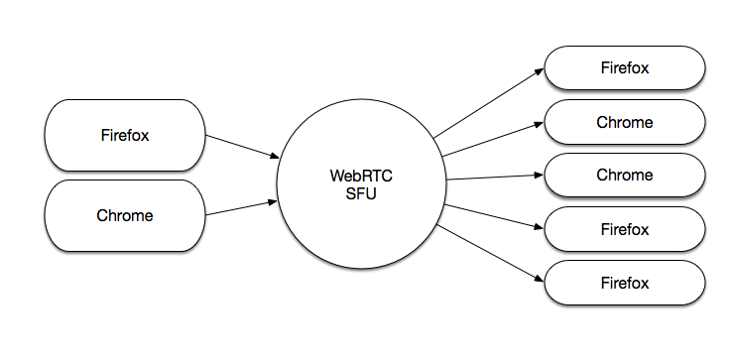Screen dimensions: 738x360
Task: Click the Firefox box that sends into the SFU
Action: click(x=125, y=135)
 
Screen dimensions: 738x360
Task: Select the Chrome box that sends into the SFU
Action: click(x=125, y=215)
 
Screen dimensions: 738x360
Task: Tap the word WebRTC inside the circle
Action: click(x=361, y=176)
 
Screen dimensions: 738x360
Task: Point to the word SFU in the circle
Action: click(x=361, y=193)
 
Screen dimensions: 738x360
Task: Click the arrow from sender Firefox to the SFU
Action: click(x=242, y=147)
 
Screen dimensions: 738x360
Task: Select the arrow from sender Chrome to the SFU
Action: click(x=241, y=208)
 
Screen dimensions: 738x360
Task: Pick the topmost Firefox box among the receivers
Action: click(x=625, y=67)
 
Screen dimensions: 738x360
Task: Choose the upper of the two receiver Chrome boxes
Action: click(x=625, y=122)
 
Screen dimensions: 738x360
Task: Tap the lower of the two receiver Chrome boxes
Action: click(x=625, y=176)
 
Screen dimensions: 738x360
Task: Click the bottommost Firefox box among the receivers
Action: click(x=625, y=283)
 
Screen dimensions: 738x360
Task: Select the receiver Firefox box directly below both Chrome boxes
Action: click(x=625, y=229)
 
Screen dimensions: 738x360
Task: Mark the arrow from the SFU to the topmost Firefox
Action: click(x=489, y=103)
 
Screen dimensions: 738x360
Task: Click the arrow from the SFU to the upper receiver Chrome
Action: click(x=493, y=139)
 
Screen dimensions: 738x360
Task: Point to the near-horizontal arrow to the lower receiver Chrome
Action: click(x=495, y=177)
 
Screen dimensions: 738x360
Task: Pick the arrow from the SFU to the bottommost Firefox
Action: click(x=490, y=254)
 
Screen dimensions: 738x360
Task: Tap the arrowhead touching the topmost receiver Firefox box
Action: click(x=540, y=71)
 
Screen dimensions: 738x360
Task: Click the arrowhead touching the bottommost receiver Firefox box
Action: click(x=540, y=279)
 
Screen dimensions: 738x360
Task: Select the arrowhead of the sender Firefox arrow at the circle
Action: click(x=275, y=156)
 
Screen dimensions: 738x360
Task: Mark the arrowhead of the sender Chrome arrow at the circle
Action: click(x=273, y=201)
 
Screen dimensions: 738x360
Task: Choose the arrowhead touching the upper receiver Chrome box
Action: click(x=540, y=124)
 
